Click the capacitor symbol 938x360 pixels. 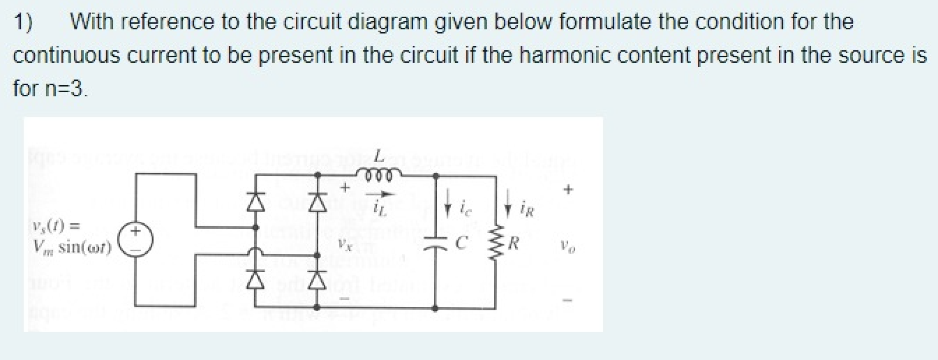point(436,246)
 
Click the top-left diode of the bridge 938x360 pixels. point(256,202)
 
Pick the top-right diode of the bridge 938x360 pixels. point(318,202)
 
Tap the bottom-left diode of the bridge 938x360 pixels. point(256,280)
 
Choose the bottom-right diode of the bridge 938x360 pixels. point(318,280)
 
